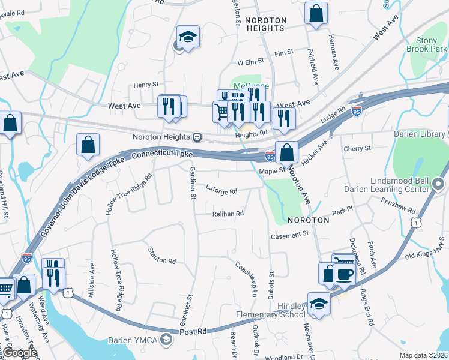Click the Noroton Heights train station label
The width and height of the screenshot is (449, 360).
[x=161, y=137]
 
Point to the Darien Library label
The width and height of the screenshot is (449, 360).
[x=421, y=134]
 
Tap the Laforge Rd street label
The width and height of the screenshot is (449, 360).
[x=221, y=191]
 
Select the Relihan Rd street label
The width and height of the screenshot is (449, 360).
[x=228, y=214]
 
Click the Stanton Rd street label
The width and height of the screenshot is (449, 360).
[x=162, y=260]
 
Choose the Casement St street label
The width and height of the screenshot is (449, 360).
[x=289, y=235]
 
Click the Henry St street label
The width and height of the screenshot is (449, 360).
[x=146, y=85]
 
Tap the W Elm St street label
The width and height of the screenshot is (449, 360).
[x=251, y=62]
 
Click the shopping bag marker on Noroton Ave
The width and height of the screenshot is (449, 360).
[x=287, y=151]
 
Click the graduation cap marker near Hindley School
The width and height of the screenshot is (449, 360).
[x=319, y=304]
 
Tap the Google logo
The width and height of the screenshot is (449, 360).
[x=19, y=353]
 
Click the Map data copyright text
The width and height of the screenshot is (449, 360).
[x=424, y=355]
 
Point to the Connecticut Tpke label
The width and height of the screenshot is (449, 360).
[x=162, y=155]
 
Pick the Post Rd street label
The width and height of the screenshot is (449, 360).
[x=193, y=331]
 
